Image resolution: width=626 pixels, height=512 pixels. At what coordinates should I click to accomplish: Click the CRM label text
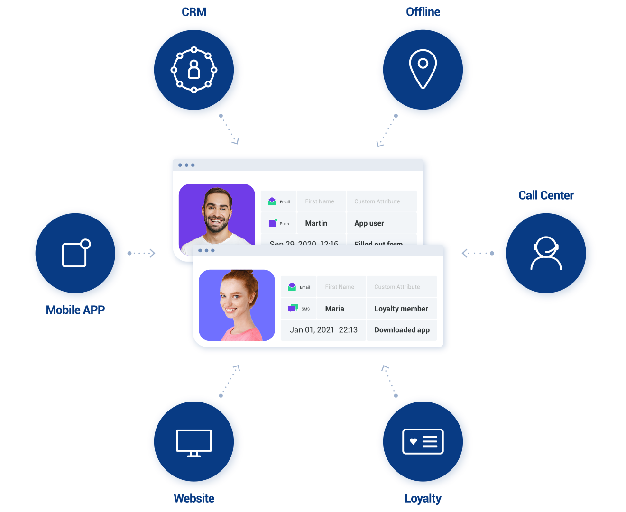pyautogui.click(x=194, y=12)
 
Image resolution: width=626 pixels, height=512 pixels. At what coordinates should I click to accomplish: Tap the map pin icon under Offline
pyautogui.click(x=423, y=69)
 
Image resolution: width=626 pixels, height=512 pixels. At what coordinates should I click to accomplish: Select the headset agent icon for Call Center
pyautogui.click(x=546, y=253)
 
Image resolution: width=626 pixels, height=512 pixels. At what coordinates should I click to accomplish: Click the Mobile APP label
pyautogui.click(x=75, y=310)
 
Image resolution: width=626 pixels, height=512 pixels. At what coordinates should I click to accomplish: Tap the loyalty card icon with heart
pyautogui.click(x=423, y=442)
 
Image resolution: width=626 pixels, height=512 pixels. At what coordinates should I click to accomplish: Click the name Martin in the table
pyautogui.click(x=316, y=223)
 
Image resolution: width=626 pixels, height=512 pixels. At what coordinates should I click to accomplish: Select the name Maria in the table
pyautogui.click(x=335, y=309)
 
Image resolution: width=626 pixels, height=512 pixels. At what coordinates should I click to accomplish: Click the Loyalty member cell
pyautogui.click(x=401, y=309)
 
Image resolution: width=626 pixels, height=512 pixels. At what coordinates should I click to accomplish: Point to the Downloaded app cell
pyautogui.click(x=402, y=330)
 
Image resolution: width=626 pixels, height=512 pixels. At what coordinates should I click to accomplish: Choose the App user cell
pyautogui.click(x=369, y=223)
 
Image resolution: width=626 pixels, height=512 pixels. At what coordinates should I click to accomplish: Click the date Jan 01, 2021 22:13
pyautogui.click(x=323, y=330)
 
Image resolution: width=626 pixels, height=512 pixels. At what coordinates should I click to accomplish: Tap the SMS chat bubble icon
pyautogui.click(x=293, y=309)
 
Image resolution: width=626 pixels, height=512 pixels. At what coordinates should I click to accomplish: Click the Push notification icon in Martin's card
pyautogui.click(x=273, y=223)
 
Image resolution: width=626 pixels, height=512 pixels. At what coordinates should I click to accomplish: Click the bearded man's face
pyautogui.click(x=217, y=211)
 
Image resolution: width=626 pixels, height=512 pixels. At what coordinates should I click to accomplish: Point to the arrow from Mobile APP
pyautogui.click(x=141, y=253)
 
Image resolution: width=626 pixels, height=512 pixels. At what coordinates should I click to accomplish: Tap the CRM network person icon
pyautogui.click(x=194, y=70)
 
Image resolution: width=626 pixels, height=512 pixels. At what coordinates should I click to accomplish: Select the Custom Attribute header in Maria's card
pyautogui.click(x=397, y=287)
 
